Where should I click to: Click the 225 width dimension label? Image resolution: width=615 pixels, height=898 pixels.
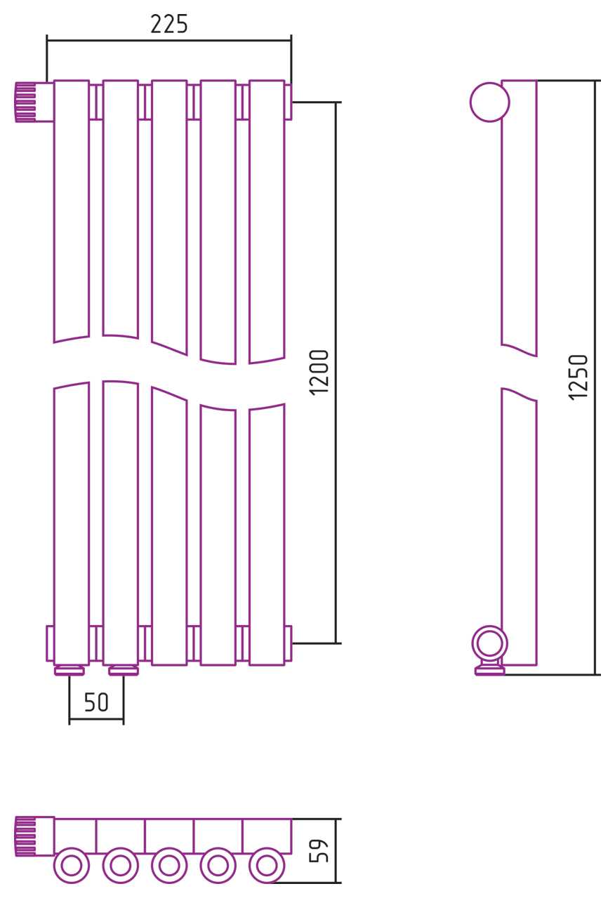[x=169, y=24]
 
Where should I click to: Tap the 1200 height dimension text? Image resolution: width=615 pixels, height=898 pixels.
[x=319, y=373]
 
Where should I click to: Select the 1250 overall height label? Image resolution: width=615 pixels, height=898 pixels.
[x=578, y=377]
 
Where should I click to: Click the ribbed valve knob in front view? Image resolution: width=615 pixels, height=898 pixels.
[x=26, y=102]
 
